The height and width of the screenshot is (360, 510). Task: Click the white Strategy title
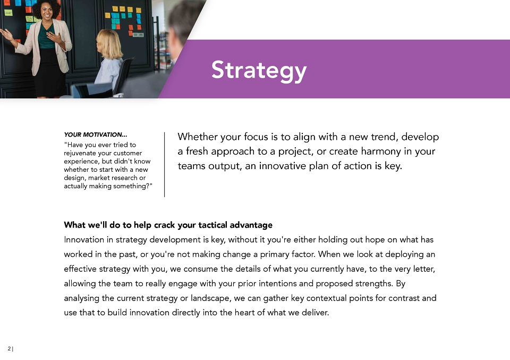[259, 70]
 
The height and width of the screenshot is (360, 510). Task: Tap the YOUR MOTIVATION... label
[95, 135]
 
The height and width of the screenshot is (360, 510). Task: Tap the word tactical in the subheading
[212, 225]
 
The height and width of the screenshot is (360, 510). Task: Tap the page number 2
[9, 349]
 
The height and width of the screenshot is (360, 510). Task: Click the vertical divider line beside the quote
[165, 164]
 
